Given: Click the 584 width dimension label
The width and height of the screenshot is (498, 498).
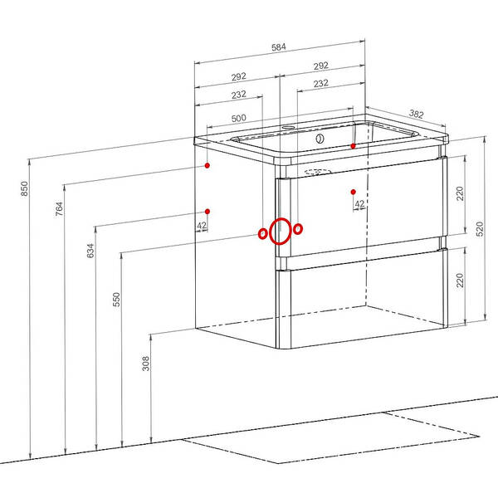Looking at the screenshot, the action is (x=279, y=47).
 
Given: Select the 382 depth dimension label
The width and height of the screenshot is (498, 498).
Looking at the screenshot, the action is (x=416, y=114).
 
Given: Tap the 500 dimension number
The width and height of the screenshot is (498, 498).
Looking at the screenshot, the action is (x=238, y=118).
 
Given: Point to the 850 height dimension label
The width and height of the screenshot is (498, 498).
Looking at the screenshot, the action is (x=24, y=188).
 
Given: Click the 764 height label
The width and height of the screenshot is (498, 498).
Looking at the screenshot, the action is (x=59, y=208).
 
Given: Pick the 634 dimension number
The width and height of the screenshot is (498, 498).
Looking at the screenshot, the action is (x=90, y=251).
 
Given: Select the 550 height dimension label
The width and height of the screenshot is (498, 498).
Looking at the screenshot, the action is (x=116, y=299).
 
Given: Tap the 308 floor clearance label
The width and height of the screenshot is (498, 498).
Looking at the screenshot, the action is (x=145, y=364).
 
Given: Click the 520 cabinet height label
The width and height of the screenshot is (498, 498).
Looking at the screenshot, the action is (x=480, y=229).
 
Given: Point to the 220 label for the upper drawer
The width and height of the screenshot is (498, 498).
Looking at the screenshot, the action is (x=460, y=193).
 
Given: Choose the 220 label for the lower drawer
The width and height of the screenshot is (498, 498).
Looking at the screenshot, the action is (x=460, y=281).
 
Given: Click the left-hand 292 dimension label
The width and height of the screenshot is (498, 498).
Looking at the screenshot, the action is (x=238, y=76).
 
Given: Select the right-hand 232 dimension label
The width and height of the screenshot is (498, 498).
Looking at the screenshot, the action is (x=320, y=83).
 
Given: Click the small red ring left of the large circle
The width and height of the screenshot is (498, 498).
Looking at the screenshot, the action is (x=262, y=234).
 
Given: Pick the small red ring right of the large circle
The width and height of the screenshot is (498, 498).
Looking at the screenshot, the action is (x=298, y=229).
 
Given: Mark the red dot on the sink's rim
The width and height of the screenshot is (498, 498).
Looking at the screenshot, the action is (x=353, y=146).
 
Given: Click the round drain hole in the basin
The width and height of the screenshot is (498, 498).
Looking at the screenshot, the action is (x=320, y=139).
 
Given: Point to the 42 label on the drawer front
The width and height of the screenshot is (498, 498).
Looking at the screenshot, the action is (x=359, y=203).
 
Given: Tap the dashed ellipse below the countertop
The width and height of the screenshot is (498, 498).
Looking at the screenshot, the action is (x=318, y=172).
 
